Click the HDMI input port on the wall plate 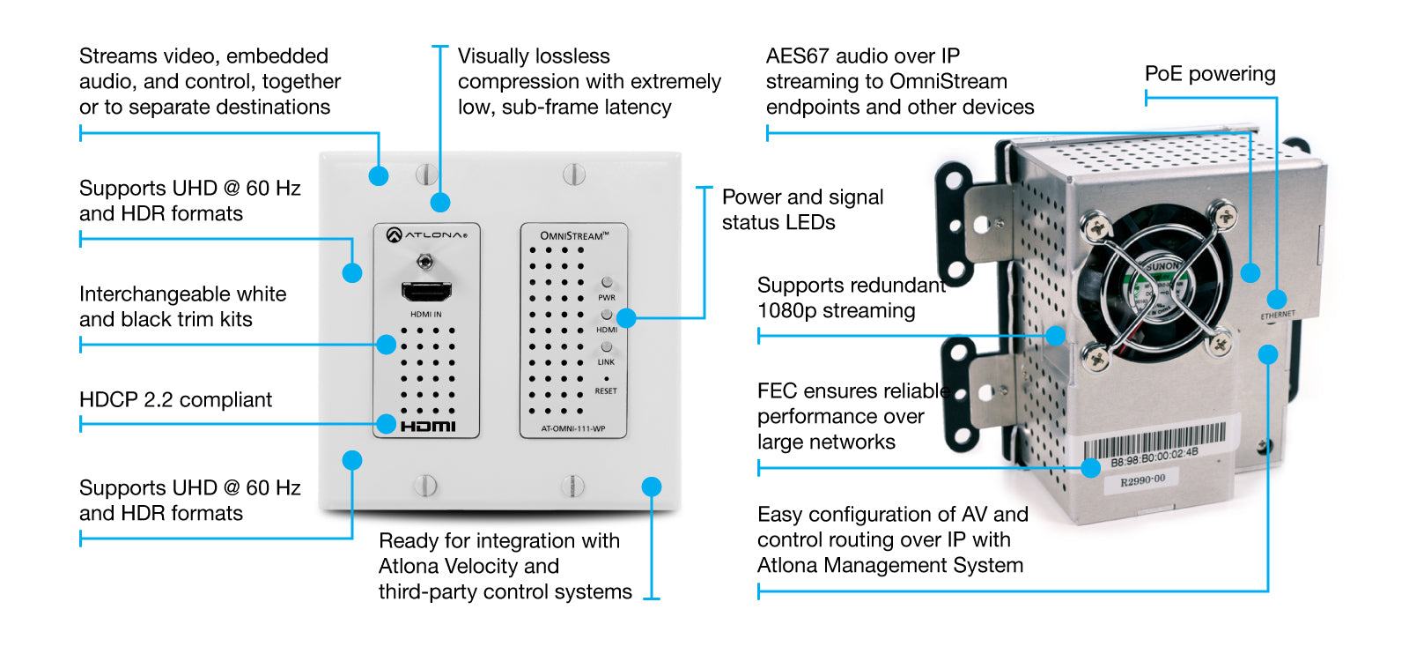[x=426, y=292]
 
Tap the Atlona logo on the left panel [x=426, y=234]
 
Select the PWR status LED [x=607, y=283]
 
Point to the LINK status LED [x=607, y=347]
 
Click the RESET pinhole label [x=606, y=390]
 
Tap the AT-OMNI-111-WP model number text [x=573, y=429]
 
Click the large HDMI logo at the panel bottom [x=428, y=427]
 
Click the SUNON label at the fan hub [x=1163, y=265]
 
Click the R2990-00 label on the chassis [x=1143, y=480]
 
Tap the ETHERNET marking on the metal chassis [x=1278, y=315]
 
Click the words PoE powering [x=1210, y=74]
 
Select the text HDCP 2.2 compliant [x=175, y=400]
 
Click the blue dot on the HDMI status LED [x=626, y=318]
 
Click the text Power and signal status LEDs [x=802, y=210]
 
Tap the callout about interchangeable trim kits [x=182, y=307]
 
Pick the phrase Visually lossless [x=534, y=56]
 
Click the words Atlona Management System [x=889, y=566]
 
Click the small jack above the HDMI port [x=426, y=262]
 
